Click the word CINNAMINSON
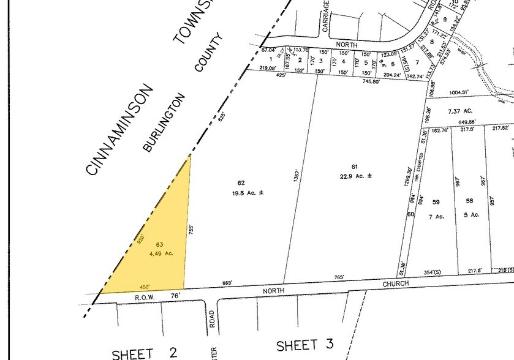[x=119, y=130]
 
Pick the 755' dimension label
[x=191, y=230]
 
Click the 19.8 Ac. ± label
[x=248, y=192]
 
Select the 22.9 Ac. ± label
[x=356, y=176]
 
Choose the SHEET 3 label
[x=304, y=346]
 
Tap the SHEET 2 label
[x=145, y=352]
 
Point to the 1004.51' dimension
[x=458, y=92]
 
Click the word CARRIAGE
[x=326, y=17]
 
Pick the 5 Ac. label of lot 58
[x=472, y=215]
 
